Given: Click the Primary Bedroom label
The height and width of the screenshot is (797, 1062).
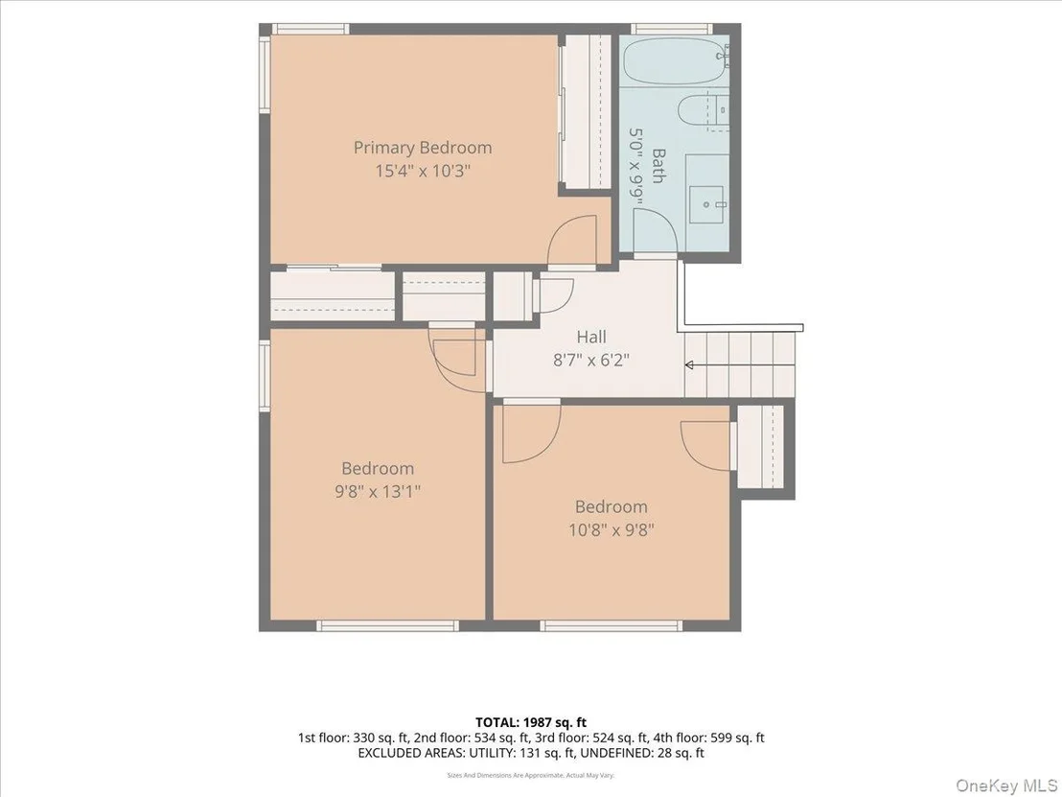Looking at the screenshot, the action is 423,148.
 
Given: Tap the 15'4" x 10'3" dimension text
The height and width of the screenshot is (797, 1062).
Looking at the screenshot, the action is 423,170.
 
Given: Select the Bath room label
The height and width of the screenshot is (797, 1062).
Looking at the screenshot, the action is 658,166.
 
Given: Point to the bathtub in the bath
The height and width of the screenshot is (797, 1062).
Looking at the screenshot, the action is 674,61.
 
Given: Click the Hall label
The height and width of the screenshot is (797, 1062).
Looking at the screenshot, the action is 591,337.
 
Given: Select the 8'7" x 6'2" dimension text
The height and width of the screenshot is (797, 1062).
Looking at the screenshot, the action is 591,360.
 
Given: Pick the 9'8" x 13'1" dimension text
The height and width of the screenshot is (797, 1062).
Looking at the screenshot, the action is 378,491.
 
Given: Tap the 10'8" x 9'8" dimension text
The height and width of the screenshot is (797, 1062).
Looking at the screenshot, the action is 611,528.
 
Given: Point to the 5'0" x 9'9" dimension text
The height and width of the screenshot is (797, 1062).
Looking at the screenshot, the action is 636,166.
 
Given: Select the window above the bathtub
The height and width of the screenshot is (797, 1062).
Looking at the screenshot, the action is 672,29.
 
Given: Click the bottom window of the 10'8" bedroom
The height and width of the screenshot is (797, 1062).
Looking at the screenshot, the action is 611,625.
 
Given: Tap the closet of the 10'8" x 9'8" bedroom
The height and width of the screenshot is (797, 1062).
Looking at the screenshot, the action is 760,447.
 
